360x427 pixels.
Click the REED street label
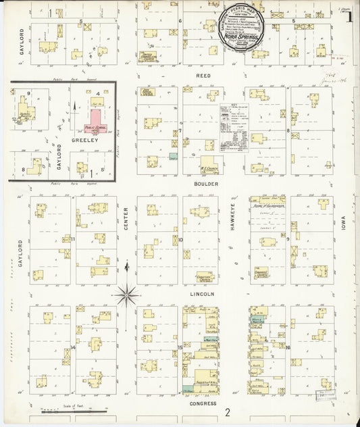(203, 76)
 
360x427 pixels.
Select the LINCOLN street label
(205, 294)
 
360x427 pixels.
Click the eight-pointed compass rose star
(126, 294)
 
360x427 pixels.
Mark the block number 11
(73, 239)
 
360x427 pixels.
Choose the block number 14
(72, 348)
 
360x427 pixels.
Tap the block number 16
(288, 347)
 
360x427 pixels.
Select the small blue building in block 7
(174, 156)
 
